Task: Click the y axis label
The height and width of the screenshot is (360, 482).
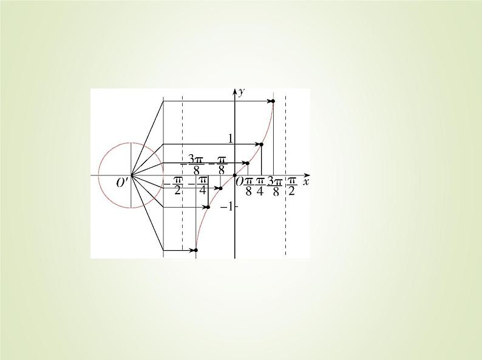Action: [x=241, y=92]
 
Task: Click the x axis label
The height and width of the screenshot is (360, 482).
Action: [x=306, y=182]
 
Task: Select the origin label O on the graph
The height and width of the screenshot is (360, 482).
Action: [x=239, y=182]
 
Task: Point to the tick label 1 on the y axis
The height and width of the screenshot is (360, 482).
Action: [x=230, y=139]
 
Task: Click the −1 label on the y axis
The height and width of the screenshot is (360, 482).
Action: [x=227, y=207]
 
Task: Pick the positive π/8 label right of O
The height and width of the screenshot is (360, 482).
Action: [x=248, y=186]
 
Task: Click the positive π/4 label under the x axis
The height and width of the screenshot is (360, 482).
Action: [x=260, y=186]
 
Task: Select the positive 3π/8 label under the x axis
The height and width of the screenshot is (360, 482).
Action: [x=276, y=186]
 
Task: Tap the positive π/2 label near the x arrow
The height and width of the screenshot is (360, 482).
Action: [x=292, y=186]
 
